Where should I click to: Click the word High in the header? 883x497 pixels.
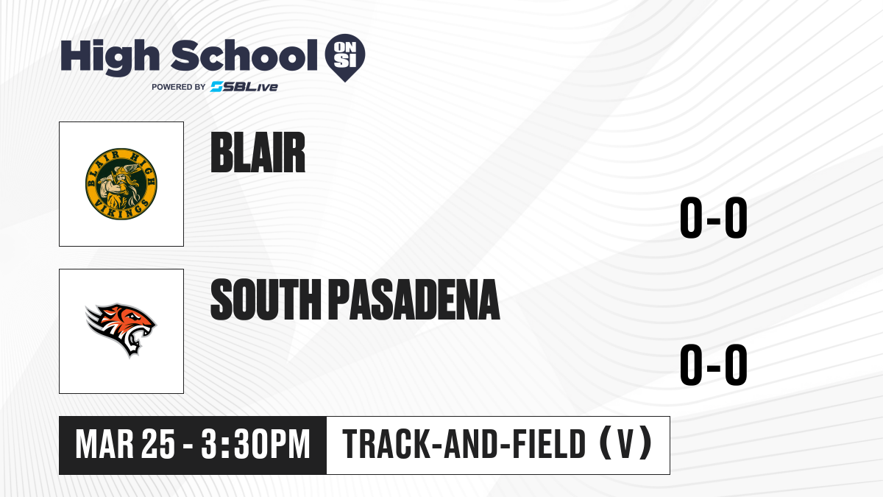110,57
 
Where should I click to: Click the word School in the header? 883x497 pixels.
244,55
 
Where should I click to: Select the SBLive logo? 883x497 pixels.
244,86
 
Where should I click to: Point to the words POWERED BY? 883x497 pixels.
179,87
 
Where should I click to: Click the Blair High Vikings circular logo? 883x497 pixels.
121,184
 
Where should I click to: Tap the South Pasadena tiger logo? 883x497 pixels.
121,330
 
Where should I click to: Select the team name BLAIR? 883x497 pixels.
258,152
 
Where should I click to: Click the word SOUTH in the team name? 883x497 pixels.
266,300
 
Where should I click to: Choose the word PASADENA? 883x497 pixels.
414,300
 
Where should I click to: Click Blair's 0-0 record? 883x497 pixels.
714,217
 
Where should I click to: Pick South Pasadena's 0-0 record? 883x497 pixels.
714,364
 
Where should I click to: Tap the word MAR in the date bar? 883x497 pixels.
104,444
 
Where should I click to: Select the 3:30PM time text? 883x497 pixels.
255,444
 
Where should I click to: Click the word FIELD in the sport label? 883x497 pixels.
547,444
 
